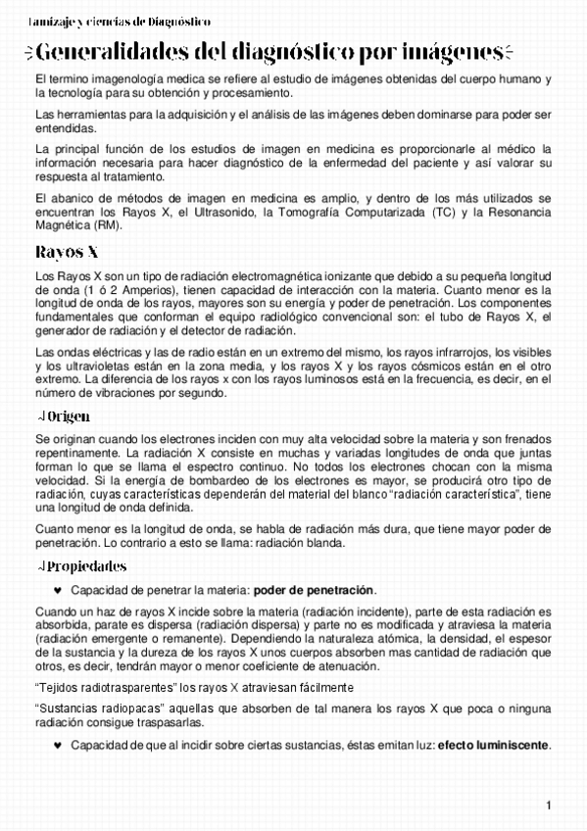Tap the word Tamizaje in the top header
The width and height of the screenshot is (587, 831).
[x=27, y=21]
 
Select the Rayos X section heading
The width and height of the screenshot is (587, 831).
[x=66, y=251]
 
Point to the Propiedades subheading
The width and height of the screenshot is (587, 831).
[x=87, y=566]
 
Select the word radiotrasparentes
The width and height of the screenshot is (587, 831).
[x=117, y=688]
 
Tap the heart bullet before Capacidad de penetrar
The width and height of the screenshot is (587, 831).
[x=58, y=590]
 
